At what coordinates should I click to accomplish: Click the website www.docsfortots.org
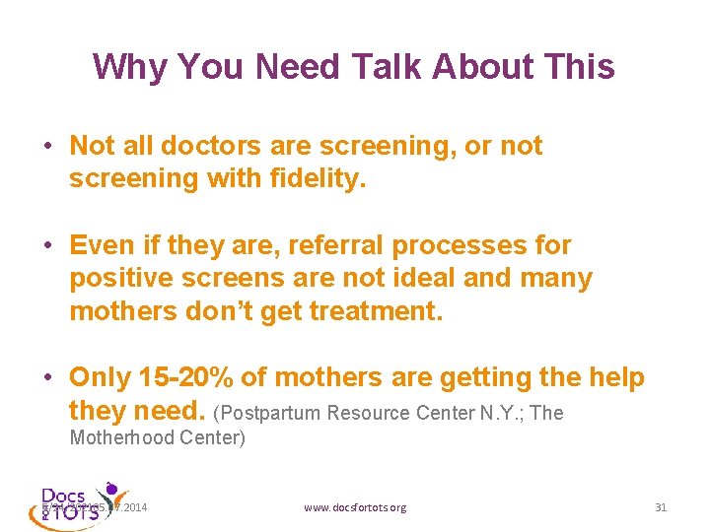point(355,507)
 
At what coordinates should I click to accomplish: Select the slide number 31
point(661,507)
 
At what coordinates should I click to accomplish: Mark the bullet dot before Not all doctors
point(47,147)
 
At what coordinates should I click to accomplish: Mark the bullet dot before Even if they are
point(47,245)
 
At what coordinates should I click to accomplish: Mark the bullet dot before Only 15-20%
point(47,378)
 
